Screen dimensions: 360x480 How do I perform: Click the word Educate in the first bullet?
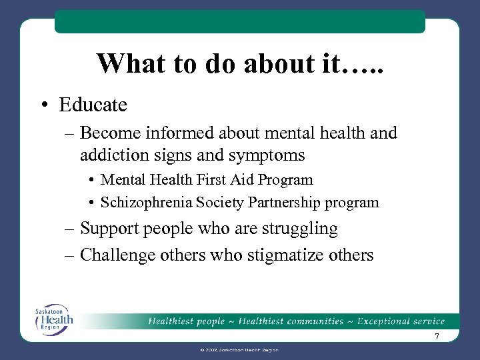click(x=93, y=105)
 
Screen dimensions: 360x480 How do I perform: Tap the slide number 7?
click(x=437, y=337)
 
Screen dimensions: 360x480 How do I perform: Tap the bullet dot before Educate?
click(x=44, y=105)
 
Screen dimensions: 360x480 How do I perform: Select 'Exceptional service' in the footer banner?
click(x=401, y=321)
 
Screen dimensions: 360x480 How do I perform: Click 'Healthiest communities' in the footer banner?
click(x=291, y=321)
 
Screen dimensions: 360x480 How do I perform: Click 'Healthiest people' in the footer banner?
click(x=187, y=321)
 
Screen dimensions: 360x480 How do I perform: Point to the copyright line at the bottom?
click(x=239, y=349)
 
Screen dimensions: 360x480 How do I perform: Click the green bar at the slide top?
click(x=239, y=21)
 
